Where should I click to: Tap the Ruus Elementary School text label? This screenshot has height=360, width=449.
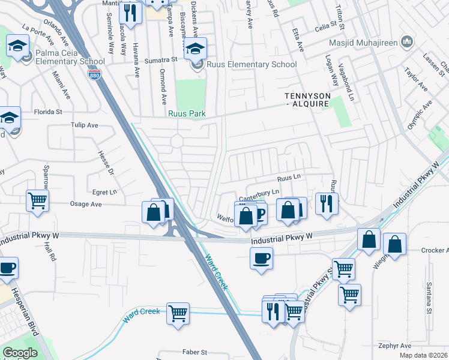click(x=252, y=65)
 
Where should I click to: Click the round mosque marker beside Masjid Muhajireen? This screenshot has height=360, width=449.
click(x=407, y=42)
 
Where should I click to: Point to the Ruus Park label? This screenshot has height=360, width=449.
click(x=187, y=113)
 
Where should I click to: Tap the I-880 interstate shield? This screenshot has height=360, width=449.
click(x=97, y=74)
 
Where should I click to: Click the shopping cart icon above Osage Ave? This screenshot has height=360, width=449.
click(x=37, y=200)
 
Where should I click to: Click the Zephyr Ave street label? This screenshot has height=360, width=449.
click(x=394, y=346)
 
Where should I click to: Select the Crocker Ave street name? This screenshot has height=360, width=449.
click(x=435, y=250)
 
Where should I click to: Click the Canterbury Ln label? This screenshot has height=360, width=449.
click(x=260, y=192)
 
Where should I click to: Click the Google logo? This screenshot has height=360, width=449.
click(x=20, y=352)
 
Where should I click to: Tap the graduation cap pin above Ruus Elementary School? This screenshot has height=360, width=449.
click(x=195, y=49)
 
